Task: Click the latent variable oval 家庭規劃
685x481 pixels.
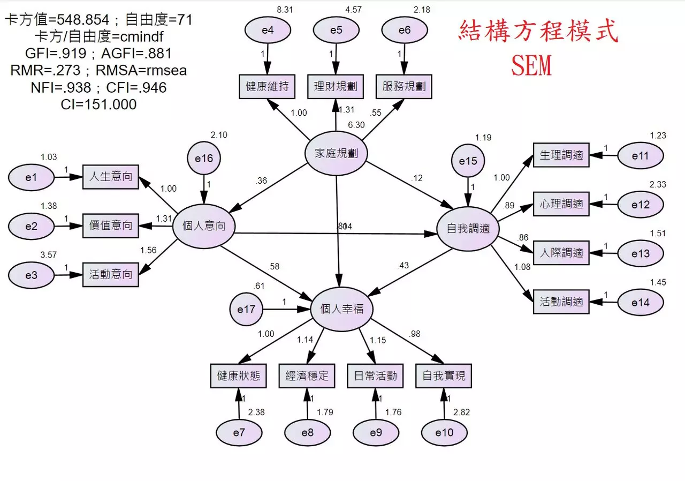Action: click(336, 154)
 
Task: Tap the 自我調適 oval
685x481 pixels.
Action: click(468, 229)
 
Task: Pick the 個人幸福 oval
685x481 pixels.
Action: click(342, 309)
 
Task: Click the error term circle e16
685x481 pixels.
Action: click(204, 159)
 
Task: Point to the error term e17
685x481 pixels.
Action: click(246, 310)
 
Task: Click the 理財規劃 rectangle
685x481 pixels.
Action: click(336, 87)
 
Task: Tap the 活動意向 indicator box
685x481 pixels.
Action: click(110, 275)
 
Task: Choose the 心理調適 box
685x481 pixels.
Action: click(561, 204)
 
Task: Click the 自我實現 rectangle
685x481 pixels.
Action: click(444, 376)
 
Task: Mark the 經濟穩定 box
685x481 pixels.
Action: click(307, 376)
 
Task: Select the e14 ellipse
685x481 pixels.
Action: click(640, 303)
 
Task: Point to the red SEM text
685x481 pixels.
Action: click(531, 66)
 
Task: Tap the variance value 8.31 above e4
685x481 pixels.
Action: click(284, 10)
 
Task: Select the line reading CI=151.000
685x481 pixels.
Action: click(99, 104)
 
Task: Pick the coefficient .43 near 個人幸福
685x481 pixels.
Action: click(404, 266)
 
